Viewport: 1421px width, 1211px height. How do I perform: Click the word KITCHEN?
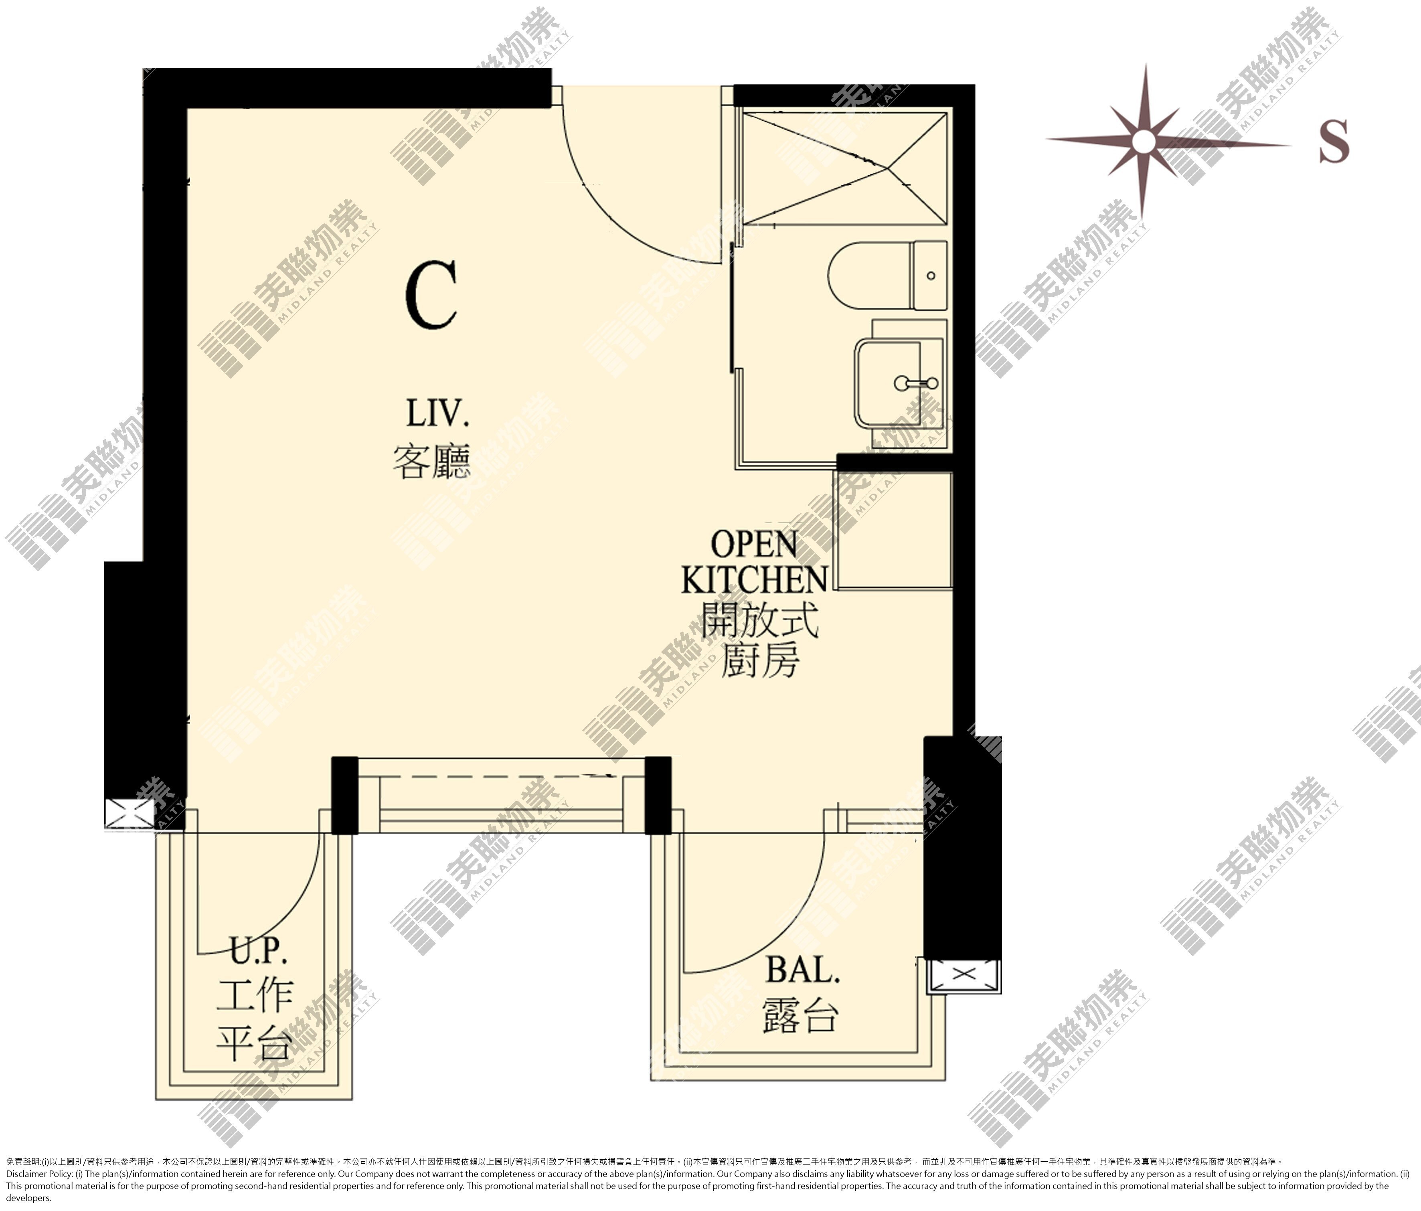click(754, 580)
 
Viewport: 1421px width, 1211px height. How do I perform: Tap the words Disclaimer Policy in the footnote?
click(37, 1173)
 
